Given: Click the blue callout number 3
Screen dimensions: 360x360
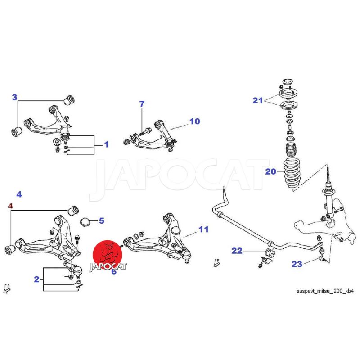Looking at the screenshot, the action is click(x=14, y=97).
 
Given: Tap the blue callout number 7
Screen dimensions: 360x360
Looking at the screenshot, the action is click(x=142, y=104).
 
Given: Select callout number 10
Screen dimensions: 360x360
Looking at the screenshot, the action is click(x=195, y=121).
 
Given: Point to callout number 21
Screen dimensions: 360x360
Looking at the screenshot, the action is click(x=257, y=100).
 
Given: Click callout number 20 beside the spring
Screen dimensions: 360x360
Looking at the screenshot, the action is click(x=271, y=171).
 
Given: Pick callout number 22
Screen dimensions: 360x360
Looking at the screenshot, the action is click(x=237, y=251).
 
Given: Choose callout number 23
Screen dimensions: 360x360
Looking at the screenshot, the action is click(x=297, y=264).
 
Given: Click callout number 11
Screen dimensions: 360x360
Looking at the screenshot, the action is click(x=203, y=229).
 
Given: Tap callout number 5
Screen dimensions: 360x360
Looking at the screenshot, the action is click(x=102, y=220).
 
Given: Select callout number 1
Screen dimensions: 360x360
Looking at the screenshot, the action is click(x=106, y=144).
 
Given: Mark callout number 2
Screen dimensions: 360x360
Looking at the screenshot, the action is click(x=36, y=279).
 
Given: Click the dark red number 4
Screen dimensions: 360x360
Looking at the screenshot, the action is click(x=10, y=206).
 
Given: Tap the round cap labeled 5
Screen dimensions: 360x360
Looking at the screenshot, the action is click(x=85, y=222).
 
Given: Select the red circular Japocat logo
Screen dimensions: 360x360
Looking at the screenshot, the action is click(x=108, y=255).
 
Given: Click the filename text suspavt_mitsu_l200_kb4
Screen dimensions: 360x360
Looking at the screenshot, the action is click(x=325, y=291).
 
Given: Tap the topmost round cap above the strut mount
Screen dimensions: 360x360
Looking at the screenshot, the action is click(x=288, y=82).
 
